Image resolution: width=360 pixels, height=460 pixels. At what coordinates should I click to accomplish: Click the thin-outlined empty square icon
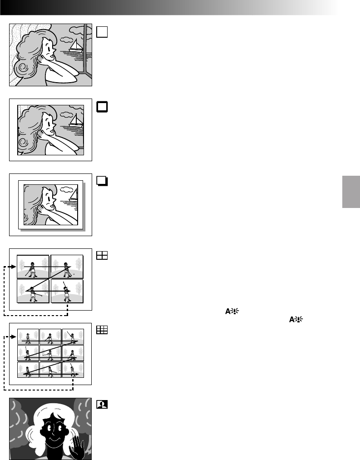pos(102,31)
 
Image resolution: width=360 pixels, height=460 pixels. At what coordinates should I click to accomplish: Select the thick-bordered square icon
pos(102,106)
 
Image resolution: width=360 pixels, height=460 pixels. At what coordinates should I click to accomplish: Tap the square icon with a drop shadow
pos(102,181)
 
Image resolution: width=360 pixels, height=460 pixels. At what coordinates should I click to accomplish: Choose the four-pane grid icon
pos(102,256)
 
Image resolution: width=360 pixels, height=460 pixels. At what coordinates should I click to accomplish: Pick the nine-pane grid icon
pos(102,331)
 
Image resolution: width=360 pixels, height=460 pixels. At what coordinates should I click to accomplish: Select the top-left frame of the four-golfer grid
pos(33,267)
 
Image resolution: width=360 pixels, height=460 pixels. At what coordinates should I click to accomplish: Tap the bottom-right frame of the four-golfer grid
pos(67,291)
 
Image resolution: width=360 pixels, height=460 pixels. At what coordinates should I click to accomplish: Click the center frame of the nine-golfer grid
pos(50,353)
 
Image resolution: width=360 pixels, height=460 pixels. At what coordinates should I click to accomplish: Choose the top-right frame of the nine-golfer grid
pos(73,336)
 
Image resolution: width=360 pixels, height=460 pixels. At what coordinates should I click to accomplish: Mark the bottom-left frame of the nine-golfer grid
pos(28,369)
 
